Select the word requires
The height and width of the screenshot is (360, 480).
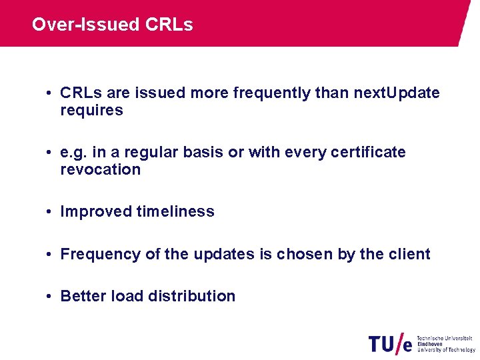pos(91,111)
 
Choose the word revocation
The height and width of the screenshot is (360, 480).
pos(100,169)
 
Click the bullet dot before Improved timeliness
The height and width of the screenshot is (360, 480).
pos(50,212)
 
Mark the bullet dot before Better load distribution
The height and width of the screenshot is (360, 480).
pos(50,297)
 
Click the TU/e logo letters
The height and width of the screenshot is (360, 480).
pos(390,344)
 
